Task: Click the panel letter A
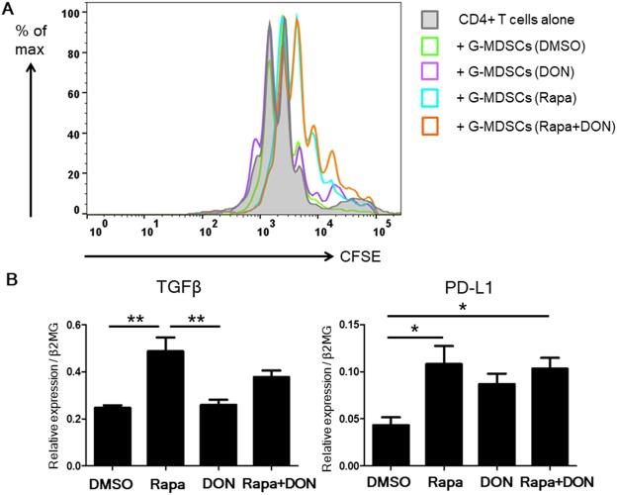tap(9, 9)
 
